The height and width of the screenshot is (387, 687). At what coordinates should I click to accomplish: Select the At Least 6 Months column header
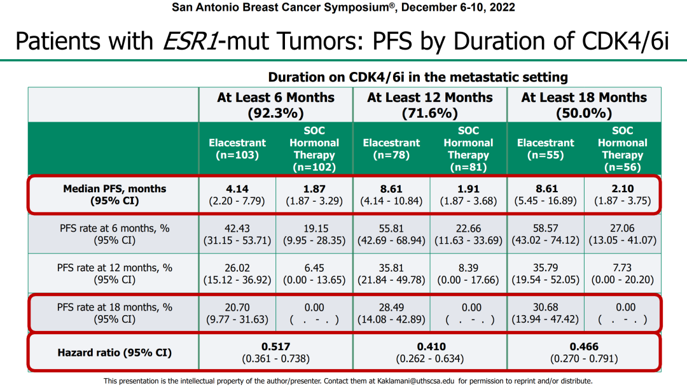275,105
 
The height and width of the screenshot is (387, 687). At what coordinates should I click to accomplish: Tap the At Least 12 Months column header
430,105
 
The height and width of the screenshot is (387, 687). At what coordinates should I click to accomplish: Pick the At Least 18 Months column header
584,105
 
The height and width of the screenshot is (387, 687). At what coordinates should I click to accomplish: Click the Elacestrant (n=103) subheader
237,149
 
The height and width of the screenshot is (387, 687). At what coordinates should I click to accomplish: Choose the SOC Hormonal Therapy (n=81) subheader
468,149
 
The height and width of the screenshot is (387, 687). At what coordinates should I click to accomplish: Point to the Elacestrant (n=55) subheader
546,149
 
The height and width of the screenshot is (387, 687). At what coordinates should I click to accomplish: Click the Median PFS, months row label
114,188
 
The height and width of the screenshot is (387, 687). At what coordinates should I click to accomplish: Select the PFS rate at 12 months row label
114,268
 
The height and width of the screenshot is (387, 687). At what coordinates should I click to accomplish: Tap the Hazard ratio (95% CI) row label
114,352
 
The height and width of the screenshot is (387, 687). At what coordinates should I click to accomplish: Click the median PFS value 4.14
237,188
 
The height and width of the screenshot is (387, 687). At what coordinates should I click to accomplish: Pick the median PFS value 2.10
623,188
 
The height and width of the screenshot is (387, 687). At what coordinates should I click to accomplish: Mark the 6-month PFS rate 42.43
237,228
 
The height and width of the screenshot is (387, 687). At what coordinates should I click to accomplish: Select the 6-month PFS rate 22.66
468,228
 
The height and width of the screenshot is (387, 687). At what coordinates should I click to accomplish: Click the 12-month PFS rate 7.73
623,268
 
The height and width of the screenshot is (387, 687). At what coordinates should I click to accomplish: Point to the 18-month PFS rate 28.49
391,307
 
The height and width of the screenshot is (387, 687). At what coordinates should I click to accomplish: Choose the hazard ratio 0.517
275,346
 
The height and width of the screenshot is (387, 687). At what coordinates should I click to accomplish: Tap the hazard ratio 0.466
584,346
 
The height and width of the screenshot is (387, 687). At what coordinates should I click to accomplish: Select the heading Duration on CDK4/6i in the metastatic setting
418,77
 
